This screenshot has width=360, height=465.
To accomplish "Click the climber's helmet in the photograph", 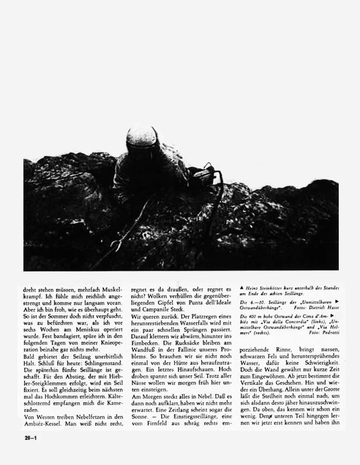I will tap(143, 141).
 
